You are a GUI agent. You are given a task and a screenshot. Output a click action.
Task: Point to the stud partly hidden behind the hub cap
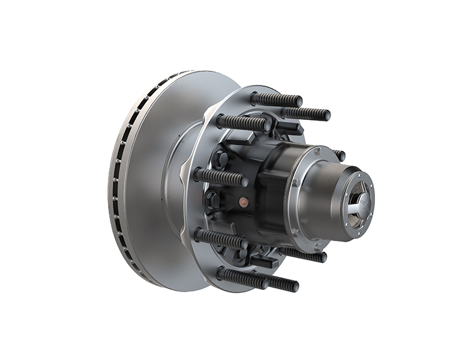pos(340,155)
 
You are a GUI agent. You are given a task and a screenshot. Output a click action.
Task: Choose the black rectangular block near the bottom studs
pos(264,262)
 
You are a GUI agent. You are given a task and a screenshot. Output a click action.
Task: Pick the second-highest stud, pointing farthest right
pos(306,113)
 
